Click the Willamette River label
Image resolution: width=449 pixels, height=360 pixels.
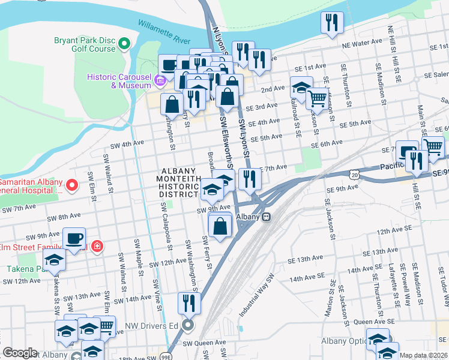coord(164,32)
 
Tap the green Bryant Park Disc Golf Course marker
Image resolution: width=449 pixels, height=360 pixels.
coord(125,44)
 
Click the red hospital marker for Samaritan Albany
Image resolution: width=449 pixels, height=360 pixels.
coord(72,185)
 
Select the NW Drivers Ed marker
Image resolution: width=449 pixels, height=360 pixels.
coord(188,326)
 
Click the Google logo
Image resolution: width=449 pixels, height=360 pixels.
coord(19,353)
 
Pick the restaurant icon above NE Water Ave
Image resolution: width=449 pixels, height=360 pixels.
coord(331,22)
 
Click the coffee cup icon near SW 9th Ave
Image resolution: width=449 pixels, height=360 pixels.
coord(74,239)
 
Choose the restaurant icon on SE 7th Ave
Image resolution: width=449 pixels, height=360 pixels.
coord(249,178)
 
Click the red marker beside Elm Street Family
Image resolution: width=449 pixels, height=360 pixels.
coord(97,246)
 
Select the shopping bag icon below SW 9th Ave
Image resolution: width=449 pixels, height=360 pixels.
coord(220,226)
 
